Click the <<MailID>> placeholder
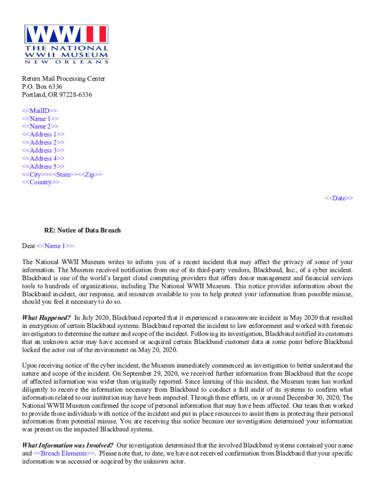point(39,111)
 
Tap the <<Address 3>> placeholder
point(43,151)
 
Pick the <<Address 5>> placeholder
point(43,166)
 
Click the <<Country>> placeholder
point(41,182)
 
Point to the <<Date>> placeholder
point(339,198)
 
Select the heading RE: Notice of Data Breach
point(82,230)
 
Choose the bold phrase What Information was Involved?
point(68,445)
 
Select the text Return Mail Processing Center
point(63,79)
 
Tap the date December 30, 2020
point(320,397)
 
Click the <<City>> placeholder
point(35,174)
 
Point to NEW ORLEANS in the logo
point(66,62)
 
